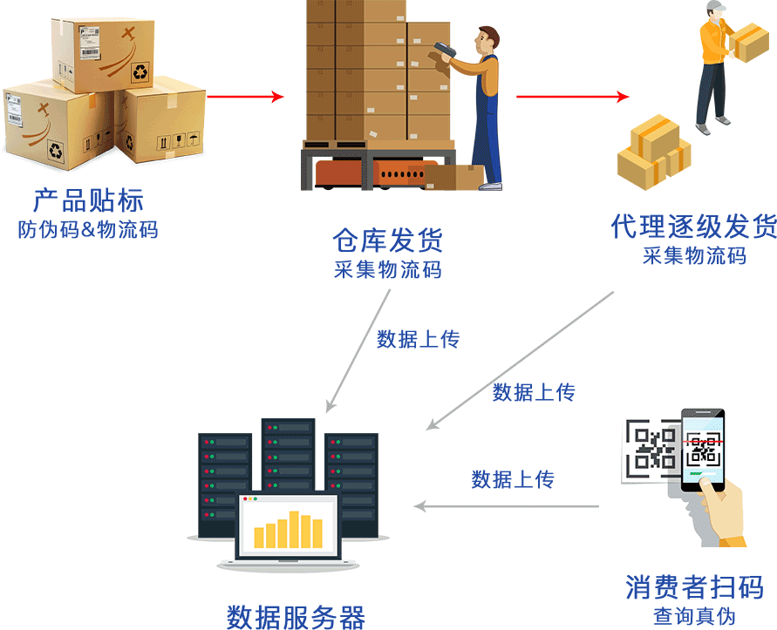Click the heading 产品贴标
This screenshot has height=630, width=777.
tap(87, 200)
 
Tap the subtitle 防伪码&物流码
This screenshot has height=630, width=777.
tap(88, 230)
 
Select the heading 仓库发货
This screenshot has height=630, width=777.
tap(388, 240)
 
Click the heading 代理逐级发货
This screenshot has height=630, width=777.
tap(693, 228)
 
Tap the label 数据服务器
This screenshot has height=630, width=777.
tap(296, 616)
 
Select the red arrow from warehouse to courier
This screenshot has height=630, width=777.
tap(572, 97)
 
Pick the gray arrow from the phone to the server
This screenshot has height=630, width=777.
tap(506, 505)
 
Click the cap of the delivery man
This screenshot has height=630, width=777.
tap(716, 7)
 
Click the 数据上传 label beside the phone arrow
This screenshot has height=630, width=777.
tap(513, 478)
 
